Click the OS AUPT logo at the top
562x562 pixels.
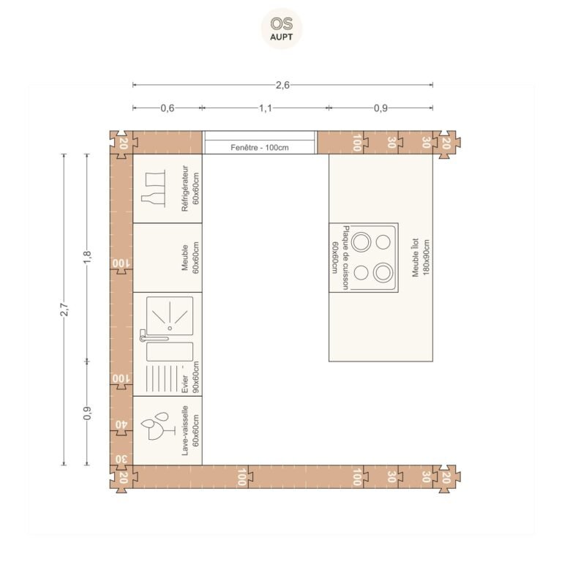click(281, 29)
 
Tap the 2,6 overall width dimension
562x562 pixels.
click(282, 85)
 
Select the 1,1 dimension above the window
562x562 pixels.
click(266, 108)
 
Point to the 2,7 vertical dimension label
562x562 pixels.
click(64, 310)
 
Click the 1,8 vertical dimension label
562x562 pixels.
click(87, 257)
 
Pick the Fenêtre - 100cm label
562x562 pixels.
click(260, 147)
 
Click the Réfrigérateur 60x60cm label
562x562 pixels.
click(190, 189)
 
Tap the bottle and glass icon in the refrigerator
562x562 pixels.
click(154, 189)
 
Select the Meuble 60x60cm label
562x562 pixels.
click(190, 258)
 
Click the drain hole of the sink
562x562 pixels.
click(170, 328)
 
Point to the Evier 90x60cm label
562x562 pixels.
click(190, 377)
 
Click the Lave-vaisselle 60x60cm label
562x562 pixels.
click(190, 430)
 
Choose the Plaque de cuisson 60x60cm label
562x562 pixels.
click(340, 258)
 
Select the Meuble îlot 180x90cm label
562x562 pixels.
click(421, 258)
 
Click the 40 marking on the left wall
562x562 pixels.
click(121, 424)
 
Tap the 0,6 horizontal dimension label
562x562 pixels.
click(168, 108)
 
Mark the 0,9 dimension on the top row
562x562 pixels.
click(381, 108)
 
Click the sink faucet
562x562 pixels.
click(153, 336)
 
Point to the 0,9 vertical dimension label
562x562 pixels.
click(87, 413)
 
